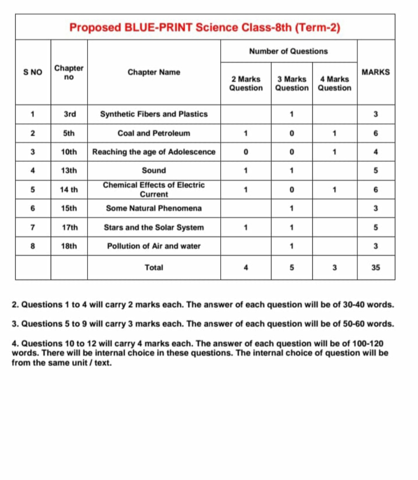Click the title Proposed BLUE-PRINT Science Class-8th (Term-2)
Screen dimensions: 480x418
click(205, 27)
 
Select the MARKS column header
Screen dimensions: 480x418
click(375, 72)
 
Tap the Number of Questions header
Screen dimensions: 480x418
click(288, 51)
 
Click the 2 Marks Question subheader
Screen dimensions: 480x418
click(246, 83)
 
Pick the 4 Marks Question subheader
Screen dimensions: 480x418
click(334, 83)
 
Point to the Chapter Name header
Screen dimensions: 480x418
click(154, 72)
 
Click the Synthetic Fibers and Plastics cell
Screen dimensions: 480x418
click(154, 114)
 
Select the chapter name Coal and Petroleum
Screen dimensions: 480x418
click(154, 133)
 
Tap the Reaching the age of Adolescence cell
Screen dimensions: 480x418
click(154, 152)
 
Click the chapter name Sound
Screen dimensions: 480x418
click(154, 170)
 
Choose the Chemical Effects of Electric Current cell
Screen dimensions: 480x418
click(154, 190)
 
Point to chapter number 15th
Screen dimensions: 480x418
click(69, 208)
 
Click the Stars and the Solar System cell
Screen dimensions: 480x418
click(154, 227)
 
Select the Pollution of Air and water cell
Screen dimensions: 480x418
click(154, 246)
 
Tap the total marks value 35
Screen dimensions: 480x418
click(375, 267)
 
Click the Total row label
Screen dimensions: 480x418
click(154, 267)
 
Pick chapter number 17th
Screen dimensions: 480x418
click(70, 227)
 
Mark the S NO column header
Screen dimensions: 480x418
click(33, 72)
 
